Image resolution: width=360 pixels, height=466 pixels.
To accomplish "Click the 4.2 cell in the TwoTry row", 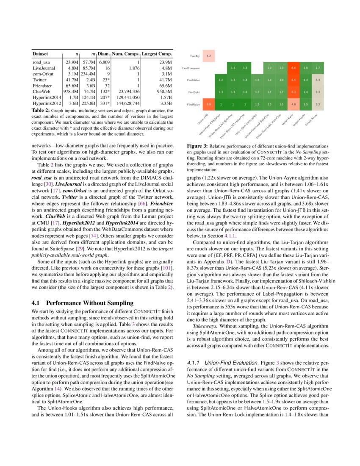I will click(208, 55).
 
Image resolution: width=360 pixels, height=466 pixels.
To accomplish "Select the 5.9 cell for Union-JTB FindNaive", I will click(208, 104).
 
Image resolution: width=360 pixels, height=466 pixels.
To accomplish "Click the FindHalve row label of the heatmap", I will click(194, 80).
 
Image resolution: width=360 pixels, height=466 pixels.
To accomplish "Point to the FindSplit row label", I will click(194, 92).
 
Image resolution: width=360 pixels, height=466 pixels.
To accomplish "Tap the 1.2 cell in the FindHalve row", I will click(221, 80).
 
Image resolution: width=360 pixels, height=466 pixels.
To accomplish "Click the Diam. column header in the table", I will click(104, 54).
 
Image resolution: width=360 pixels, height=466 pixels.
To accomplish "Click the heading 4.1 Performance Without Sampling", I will click(83, 303).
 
